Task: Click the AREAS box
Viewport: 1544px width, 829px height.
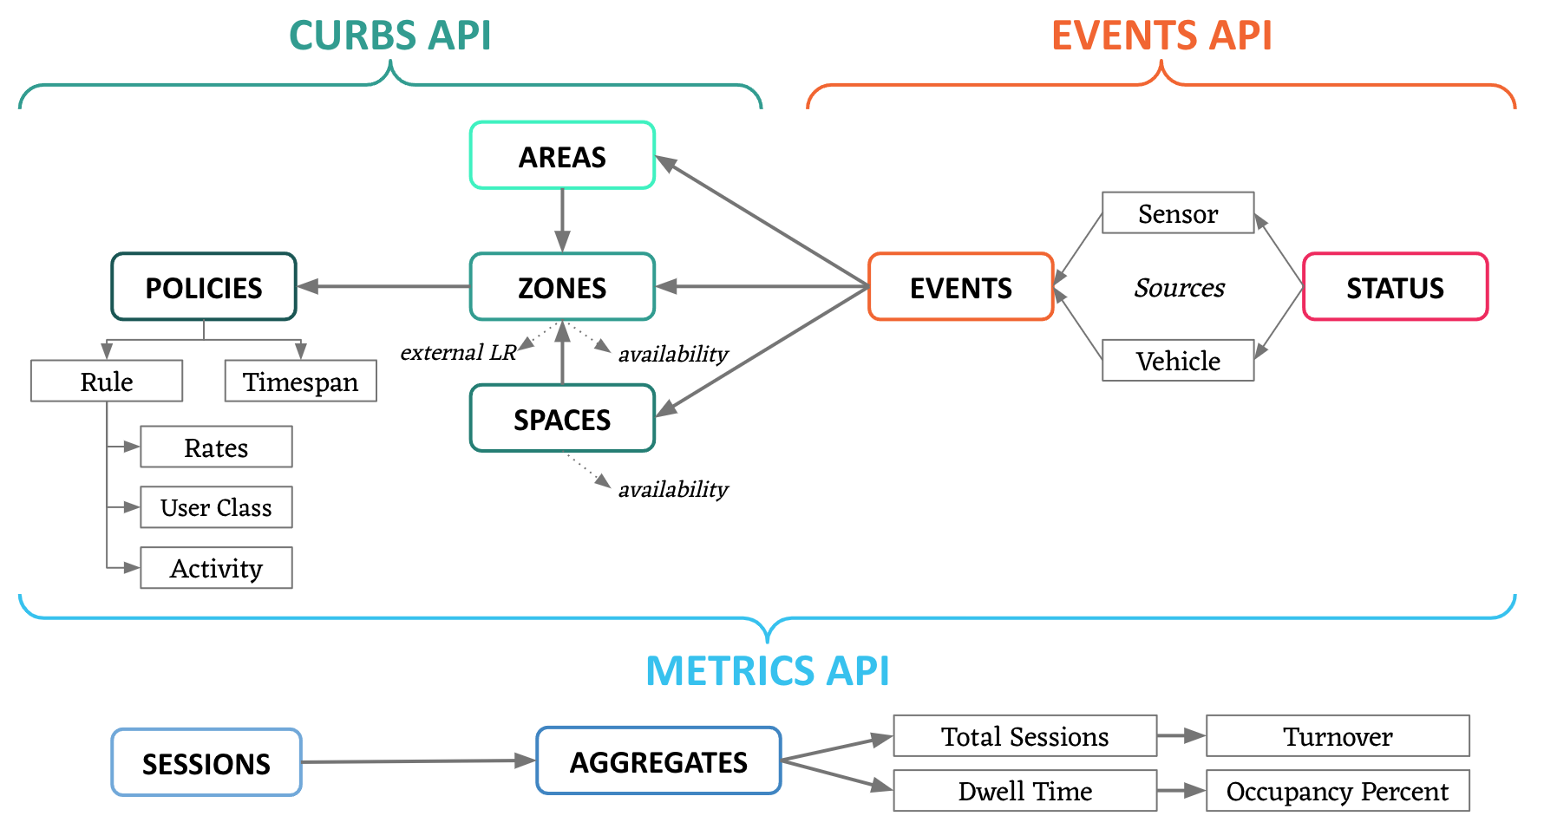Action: (x=562, y=156)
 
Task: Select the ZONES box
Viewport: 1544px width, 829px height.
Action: (x=562, y=287)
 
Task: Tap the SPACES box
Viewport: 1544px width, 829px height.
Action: (x=562, y=419)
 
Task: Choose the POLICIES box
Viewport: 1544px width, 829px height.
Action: (x=204, y=287)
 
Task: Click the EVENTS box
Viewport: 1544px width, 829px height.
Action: (x=961, y=287)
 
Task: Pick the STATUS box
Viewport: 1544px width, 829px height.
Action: (x=1395, y=287)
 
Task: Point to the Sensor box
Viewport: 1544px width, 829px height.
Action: (x=1178, y=213)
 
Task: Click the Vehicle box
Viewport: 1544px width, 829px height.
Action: (x=1178, y=361)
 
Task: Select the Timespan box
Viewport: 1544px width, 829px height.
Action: (x=300, y=382)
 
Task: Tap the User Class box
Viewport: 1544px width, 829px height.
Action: (x=216, y=507)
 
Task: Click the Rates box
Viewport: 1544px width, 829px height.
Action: (x=216, y=447)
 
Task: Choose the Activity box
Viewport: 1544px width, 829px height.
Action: (x=216, y=568)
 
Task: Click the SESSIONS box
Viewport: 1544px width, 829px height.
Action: (x=206, y=763)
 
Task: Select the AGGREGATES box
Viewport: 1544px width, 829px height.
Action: (x=658, y=761)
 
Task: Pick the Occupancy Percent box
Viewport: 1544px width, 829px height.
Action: (x=1338, y=791)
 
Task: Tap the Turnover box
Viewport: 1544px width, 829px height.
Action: (x=1338, y=736)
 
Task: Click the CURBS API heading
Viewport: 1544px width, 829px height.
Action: (x=389, y=36)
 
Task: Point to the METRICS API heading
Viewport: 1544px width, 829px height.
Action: (x=768, y=670)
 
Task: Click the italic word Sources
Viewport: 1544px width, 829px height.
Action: (x=1179, y=287)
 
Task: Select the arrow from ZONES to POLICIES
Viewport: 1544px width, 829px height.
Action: (x=386, y=286)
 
